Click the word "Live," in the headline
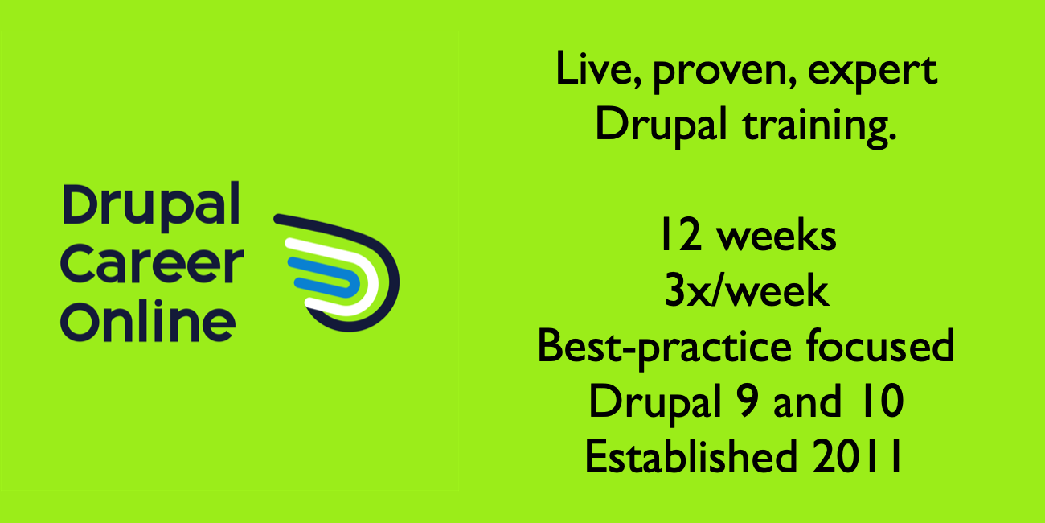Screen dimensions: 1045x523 599,69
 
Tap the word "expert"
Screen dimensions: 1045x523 872,73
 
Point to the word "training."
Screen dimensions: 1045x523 820,126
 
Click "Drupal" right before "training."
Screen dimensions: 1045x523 661,126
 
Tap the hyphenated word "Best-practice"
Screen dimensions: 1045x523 665,348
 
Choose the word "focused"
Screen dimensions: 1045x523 880,344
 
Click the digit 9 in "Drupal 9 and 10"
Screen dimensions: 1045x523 747,401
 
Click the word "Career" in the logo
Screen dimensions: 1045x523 152,265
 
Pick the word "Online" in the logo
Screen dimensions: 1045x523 148,321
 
